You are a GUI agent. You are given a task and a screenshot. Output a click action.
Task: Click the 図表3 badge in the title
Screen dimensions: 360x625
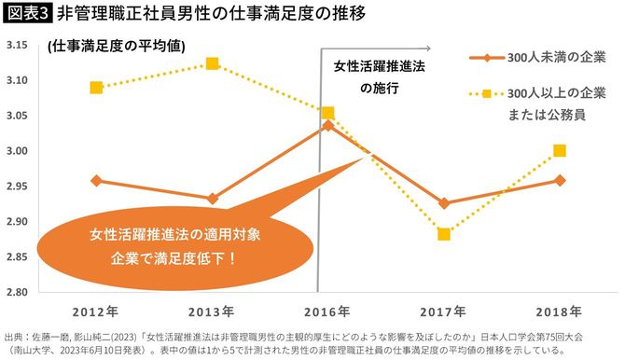tap(27, 14)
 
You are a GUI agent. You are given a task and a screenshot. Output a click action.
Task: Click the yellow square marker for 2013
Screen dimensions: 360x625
tap(213, 63)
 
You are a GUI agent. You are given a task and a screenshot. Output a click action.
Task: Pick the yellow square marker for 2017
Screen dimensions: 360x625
tap(444, 233)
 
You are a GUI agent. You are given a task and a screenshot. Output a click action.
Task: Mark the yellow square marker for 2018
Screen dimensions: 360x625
tap(560, 150)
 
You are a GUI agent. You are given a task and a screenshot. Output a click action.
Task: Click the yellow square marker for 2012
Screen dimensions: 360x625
tap(97, 88)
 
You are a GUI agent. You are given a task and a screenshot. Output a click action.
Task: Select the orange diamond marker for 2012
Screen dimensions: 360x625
tap(97, 180)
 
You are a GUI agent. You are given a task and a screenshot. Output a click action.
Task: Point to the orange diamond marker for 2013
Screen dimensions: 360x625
tap(213, 199)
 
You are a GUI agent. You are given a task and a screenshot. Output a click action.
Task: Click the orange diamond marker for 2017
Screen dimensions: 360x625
tap(444, 202)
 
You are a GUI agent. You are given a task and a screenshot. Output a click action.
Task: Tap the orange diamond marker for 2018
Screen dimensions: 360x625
tap(560, 180)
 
